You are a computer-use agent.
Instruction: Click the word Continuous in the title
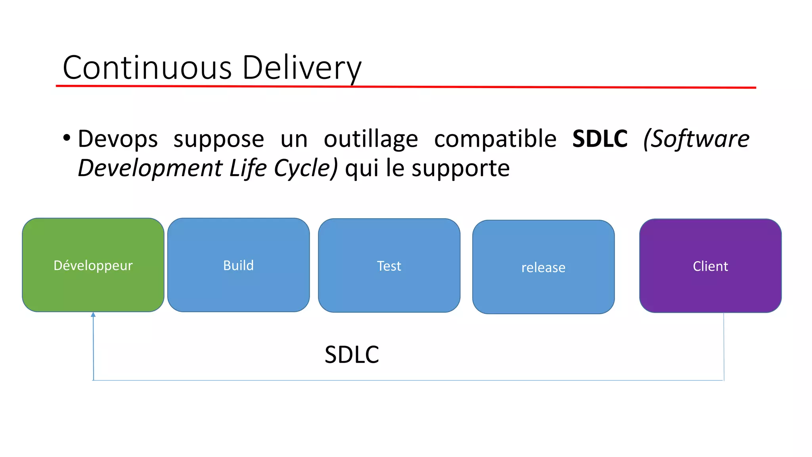pos(147,67)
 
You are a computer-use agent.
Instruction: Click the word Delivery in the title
pos(301,67)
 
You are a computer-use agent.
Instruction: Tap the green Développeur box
pos(93,265)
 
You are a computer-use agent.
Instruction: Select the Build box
pos(238,265)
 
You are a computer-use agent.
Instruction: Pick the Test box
pos(389,265)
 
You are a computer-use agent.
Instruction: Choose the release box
pos(543,267)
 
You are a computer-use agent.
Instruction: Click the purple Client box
pos(710,266)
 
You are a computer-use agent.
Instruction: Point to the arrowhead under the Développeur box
pos(93,315)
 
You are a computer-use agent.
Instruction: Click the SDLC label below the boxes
pos(352,354)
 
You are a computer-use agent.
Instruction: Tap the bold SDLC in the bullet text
pos(600,139)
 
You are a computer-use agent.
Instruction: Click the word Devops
pos(118,139)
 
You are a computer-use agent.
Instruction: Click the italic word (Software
pos(696,139)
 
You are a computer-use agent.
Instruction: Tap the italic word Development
pos(150,168)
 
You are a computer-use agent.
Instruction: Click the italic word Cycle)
pos(306,168)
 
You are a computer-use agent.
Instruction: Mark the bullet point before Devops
pos(67,138)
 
